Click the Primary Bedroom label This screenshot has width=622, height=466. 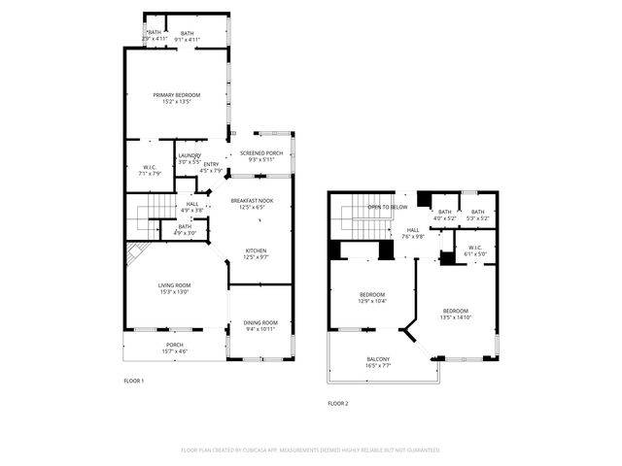177,94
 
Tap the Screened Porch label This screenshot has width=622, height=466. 261,153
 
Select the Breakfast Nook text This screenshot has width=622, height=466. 252,201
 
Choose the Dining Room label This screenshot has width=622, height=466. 260,322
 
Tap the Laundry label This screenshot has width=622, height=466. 189,155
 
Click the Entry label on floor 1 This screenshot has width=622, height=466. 211,164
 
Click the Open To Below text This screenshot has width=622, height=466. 387,208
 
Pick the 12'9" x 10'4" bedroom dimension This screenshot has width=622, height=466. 373,301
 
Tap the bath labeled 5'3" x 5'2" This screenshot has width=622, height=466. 477,218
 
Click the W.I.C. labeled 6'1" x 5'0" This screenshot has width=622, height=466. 475,254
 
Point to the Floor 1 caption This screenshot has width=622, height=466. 134,381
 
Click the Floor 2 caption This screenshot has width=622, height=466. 337,403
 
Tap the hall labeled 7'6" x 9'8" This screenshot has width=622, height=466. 414,236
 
